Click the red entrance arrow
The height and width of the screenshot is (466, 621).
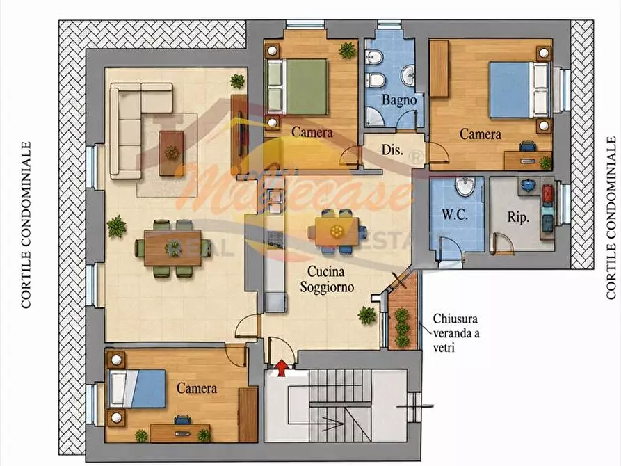point(281,368)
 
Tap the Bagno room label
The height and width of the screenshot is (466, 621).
point(399,100)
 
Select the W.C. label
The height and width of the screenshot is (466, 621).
point(454,215)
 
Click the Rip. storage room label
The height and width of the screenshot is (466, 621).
point(518,217)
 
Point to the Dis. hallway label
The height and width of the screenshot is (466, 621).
point(392,150)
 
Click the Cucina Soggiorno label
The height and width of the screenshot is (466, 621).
point(326,280)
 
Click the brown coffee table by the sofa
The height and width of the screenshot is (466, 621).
point(172,153)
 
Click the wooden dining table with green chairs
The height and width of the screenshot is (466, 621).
point(172,248)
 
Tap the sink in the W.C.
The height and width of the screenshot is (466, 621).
point(465,186)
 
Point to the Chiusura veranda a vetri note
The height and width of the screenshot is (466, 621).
point(456,333)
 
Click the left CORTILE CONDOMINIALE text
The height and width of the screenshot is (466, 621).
point(26,225)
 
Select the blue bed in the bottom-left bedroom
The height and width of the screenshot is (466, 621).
point(137,388)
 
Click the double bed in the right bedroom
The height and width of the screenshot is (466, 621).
point(519,90)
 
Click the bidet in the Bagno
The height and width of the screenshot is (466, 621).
point(373,58)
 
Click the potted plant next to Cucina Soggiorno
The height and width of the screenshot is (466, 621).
point(366,316)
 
